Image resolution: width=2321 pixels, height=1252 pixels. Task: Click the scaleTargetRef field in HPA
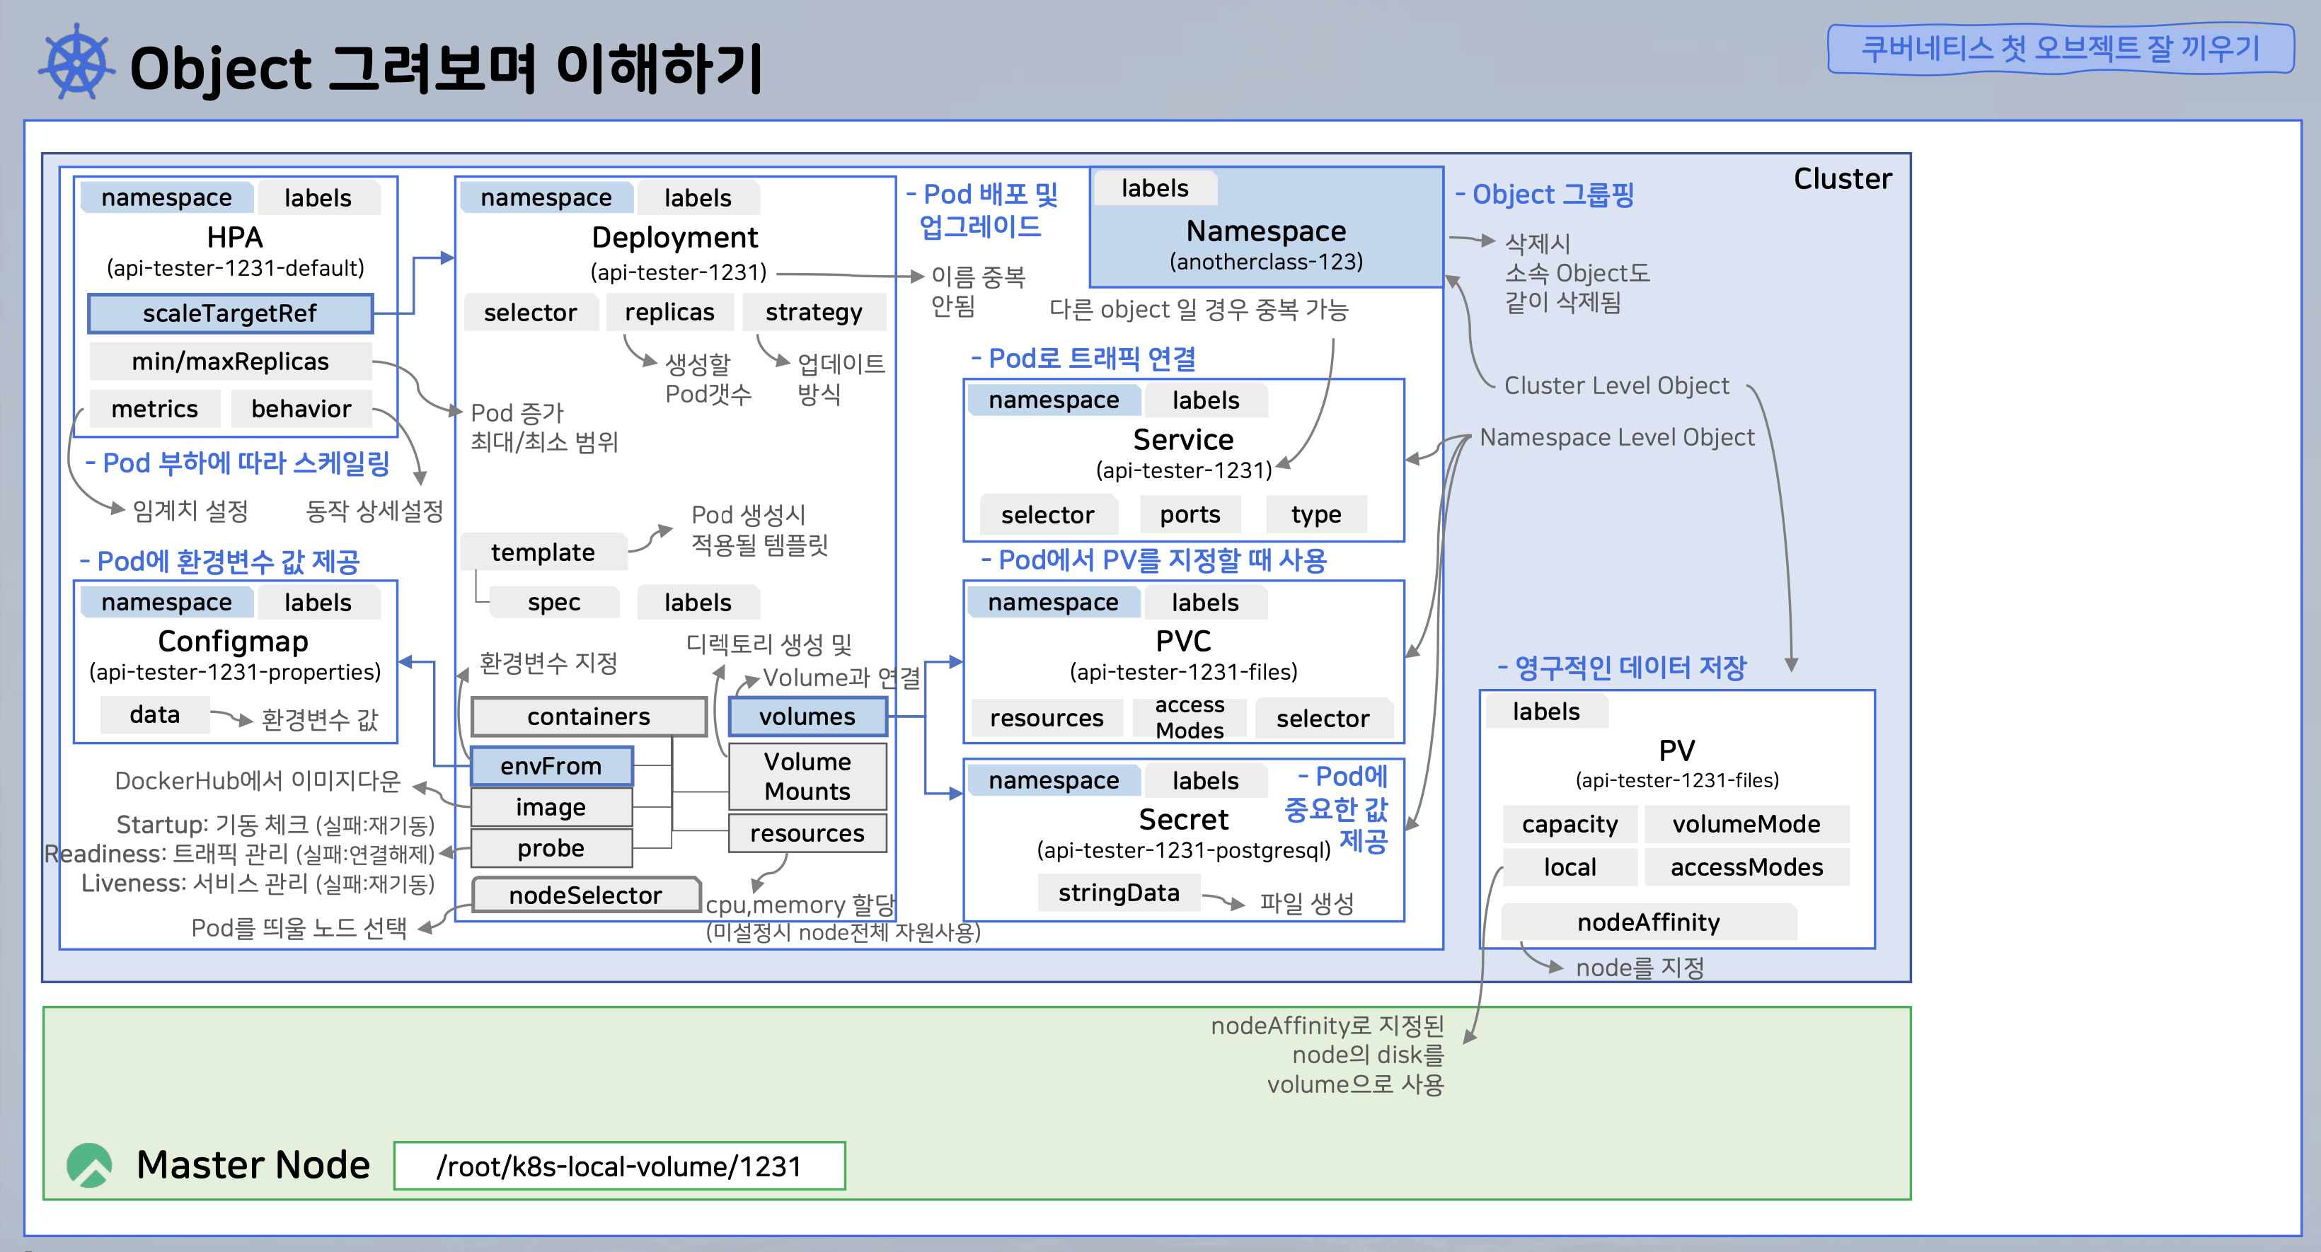tap(230, 313)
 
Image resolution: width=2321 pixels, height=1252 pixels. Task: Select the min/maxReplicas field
tap(230, 361)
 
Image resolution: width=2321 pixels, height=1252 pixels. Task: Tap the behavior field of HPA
tap(301, 409)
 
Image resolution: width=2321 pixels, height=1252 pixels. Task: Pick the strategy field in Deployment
tap(813, 313)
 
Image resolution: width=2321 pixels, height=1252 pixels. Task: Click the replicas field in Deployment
tap(669, 313)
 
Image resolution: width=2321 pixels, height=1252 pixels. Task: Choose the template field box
tap(543, 552)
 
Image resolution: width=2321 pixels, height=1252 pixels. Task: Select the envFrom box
tap(551, 765)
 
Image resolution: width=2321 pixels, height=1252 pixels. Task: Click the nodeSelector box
tap(586, 894)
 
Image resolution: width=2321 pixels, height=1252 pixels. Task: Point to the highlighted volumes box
tap(807, 716)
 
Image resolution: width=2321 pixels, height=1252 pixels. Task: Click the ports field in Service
tap(1190, 514)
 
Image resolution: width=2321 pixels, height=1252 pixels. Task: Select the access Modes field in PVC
tap(1190, 717)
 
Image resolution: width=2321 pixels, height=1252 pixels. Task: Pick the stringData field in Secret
tap(1118, 893)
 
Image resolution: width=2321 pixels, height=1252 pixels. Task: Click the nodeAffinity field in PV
tap(1648, 922)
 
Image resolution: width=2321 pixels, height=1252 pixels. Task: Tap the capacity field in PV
tap(1570, 824)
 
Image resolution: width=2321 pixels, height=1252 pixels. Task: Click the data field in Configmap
tap(155, 714)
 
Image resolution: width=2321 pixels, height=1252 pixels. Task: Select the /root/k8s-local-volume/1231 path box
tap(619, 1166)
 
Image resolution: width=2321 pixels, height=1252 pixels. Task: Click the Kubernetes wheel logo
tap(76, 63)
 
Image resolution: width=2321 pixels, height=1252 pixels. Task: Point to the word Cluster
tap(1842, 178)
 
